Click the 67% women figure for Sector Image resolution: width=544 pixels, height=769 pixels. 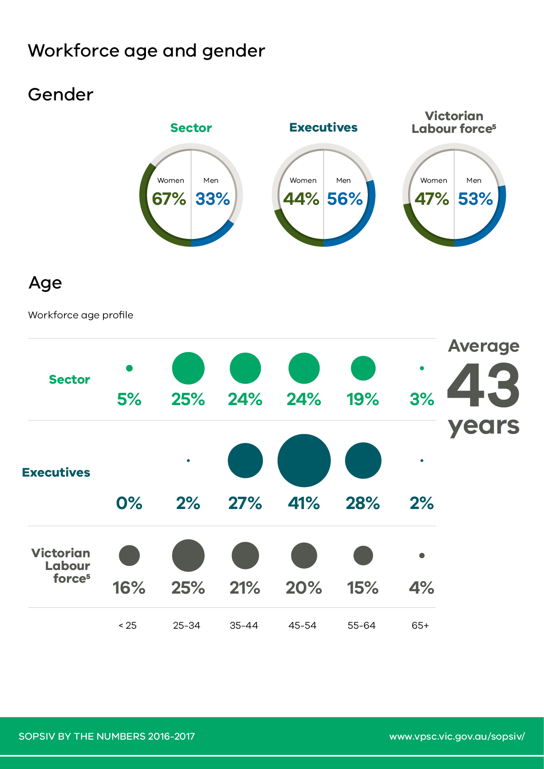[x=169, y=199]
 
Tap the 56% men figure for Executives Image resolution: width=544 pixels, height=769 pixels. [x=345, y=199]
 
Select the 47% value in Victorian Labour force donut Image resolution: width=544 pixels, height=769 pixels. [x=432, y=199]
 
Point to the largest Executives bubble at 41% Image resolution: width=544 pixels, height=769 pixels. [x=304, y=460]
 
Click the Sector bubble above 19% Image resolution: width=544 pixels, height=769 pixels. [x=363, y=368]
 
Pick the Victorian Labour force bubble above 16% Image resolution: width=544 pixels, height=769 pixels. [x=129, y=555]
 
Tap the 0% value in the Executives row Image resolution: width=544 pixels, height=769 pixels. [x=129, y=503]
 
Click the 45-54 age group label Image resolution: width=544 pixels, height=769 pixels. [x=302, y=626]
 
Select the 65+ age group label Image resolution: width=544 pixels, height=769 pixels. [x=420, y=626]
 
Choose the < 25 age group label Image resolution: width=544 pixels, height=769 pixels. [x=128, y=626]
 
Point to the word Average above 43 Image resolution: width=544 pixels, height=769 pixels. [x=484, y=346]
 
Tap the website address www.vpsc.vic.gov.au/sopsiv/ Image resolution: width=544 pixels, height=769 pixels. [x=457, y=736]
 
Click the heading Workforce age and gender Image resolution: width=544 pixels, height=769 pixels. [x=146, y=51]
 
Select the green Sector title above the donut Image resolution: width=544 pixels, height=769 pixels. [x=191, y=128]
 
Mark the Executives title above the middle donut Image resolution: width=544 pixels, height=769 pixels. [x=324, y=128]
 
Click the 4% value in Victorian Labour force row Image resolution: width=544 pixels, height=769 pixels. [x=422, y=588]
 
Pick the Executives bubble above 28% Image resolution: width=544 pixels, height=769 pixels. [x=363, y=460]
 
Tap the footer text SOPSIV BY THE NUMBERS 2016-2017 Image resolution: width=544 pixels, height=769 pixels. [x=107, y=736]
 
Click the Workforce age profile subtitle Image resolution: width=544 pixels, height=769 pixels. [x=81, y=315]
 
